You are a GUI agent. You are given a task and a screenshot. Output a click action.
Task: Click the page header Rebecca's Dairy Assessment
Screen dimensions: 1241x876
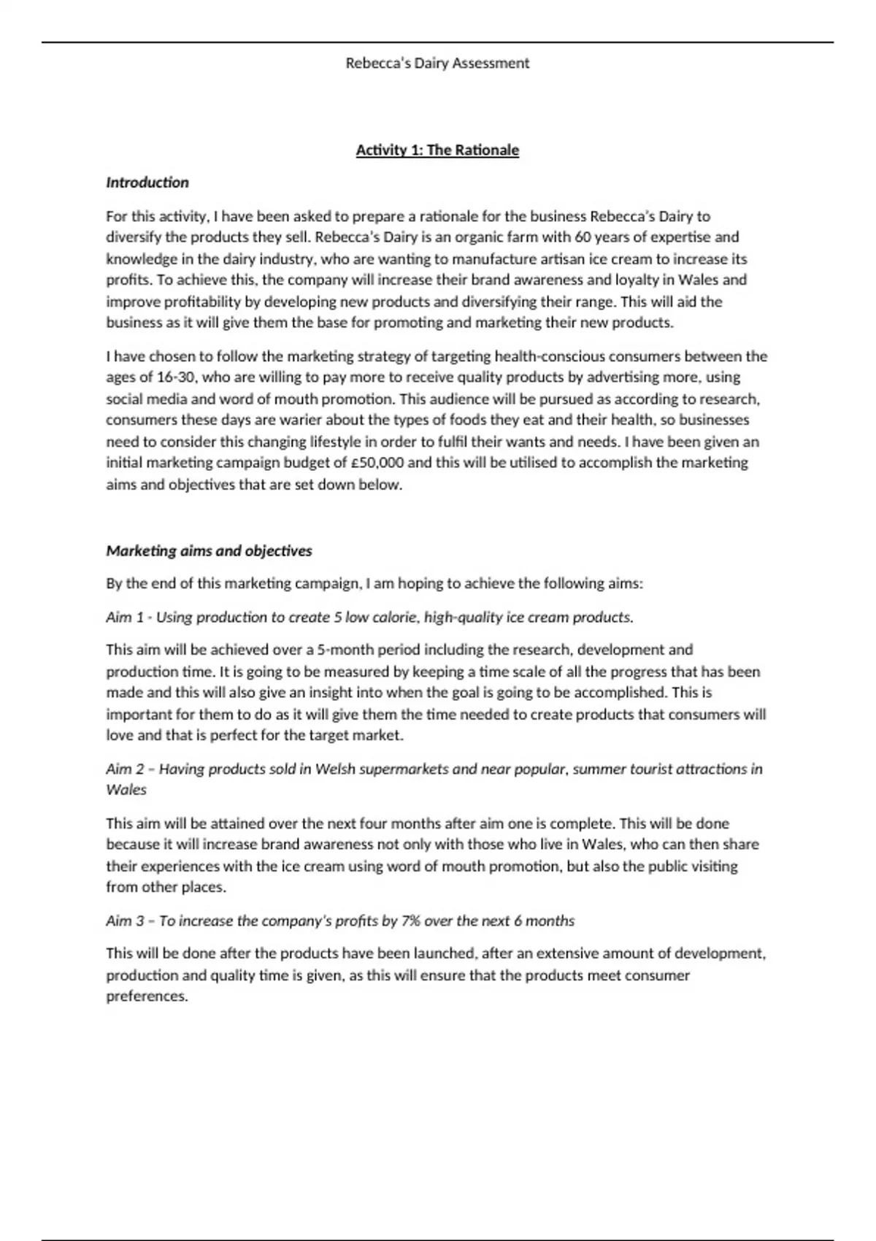pyautogui.click(x=437, y=64)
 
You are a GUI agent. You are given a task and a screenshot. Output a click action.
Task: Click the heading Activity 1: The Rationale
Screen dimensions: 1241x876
pyautogui.click(x=437, y=150)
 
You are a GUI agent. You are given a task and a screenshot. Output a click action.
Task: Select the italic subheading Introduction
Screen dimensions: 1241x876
pyautogui.click(x=147, y=182)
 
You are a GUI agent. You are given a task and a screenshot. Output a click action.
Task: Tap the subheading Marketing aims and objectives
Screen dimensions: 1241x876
pyautogui.click(x=209, y=551)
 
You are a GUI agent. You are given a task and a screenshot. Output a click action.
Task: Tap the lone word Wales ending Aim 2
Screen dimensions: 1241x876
pyautogui.click(x=126, y=790)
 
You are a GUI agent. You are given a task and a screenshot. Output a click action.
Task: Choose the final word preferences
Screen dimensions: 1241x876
pyautogui.click(x=147, y=996)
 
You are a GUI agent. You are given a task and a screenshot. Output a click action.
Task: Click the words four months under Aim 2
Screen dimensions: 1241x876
pyautogui.click(x=398, y=823)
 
